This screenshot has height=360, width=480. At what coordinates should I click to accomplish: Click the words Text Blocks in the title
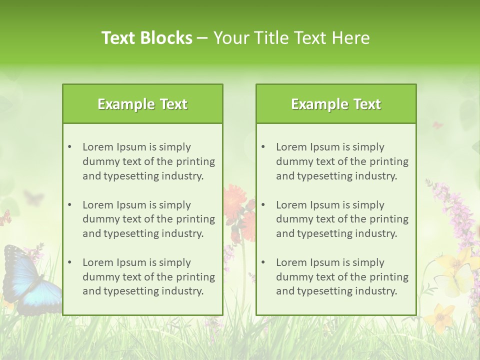[x=146, y=38]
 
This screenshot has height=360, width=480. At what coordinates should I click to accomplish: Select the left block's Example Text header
[x=142, y=104]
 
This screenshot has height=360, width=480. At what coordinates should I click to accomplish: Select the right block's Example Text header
[x=336, y=104]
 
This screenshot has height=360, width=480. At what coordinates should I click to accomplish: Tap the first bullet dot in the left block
[x=70, y=147]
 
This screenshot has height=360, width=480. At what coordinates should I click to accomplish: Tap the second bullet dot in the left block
[x=70, y=205]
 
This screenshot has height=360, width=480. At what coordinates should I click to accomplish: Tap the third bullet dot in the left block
[x=70, y=262]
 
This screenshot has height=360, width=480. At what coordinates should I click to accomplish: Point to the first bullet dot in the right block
[x=263, y=147]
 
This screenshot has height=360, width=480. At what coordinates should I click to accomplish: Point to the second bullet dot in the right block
[x=263, y=205]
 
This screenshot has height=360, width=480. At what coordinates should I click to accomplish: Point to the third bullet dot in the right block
[x=263, y=262]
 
